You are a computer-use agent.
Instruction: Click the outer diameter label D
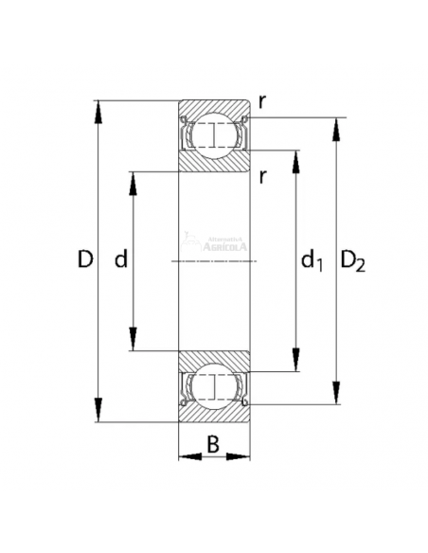pos(84,259)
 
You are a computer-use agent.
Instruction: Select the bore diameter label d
pos(120,259)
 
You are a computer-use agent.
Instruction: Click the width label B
pos(214,442)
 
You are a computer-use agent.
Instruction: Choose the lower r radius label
pos(262,174)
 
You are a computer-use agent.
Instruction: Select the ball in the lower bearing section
pos(215,386)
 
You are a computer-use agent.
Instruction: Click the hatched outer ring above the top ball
pos(215,106)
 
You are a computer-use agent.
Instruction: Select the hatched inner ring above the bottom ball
pos(215,359)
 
